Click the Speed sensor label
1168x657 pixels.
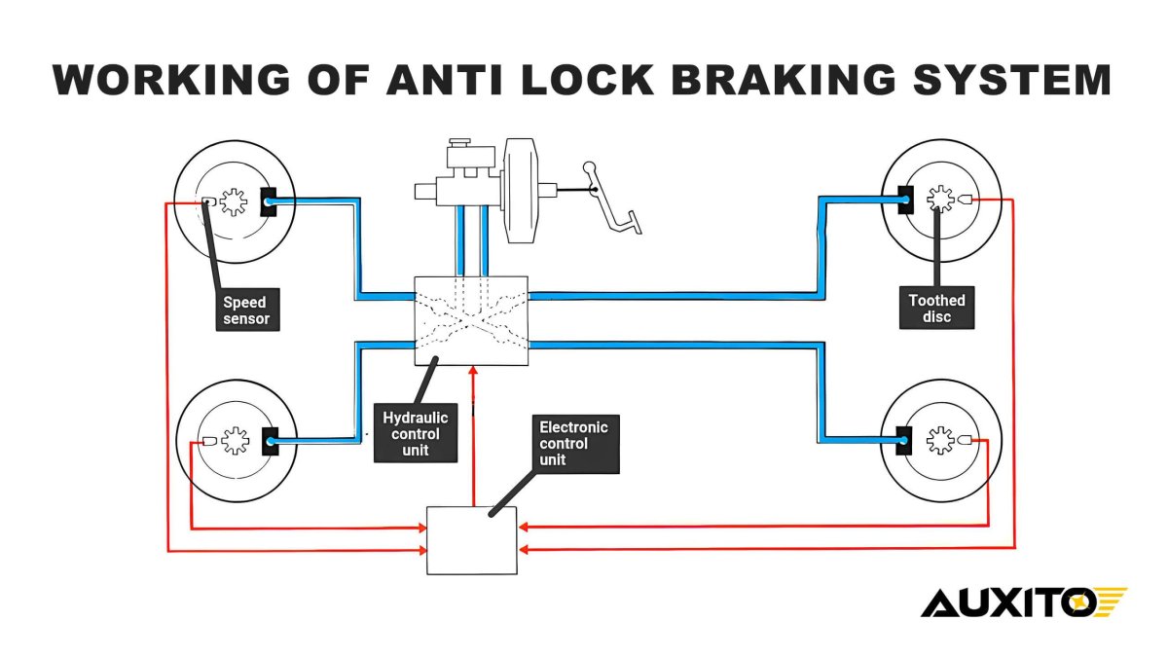245,310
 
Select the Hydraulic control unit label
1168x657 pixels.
411,433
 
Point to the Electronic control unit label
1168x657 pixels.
574,443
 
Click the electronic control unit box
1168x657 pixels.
471,540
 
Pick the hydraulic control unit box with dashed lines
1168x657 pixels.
471,320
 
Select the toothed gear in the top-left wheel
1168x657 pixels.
233,201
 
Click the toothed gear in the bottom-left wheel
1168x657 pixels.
235,441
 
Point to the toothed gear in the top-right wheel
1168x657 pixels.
939,199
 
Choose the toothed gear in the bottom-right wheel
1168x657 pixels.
939,440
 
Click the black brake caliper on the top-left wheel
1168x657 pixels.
269,201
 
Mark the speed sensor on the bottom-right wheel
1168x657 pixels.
965,440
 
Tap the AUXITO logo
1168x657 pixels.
1022,602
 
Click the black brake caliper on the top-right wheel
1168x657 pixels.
904,200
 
